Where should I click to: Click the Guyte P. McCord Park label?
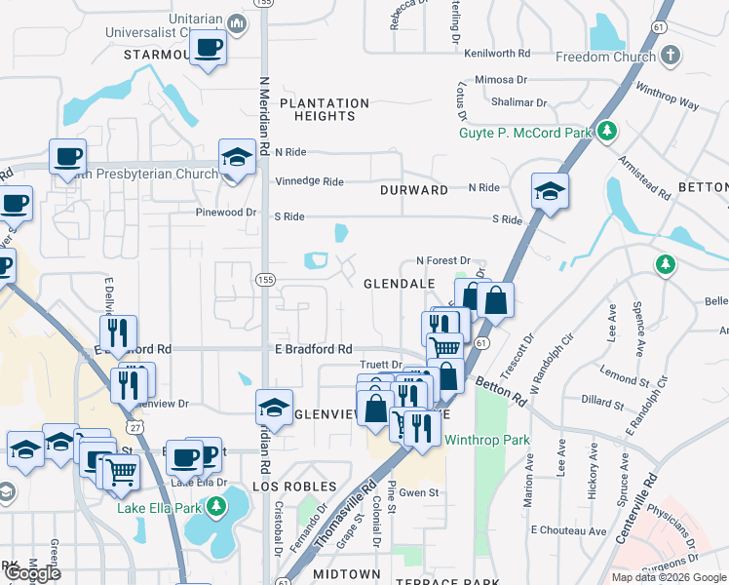pyautogui.click(x=526, y=132)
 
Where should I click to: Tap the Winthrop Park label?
pyautogui.click(x=487, y=440)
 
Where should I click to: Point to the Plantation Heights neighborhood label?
pyautogui.click(x=325, y=109)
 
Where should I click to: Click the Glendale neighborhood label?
pyautogui.click(x=399, y=283)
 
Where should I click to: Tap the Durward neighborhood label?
pyautogui.click(x=415, y=190)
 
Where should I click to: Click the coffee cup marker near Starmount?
pyautogui.click(x=208, y=49)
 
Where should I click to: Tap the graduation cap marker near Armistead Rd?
pyautogui.click(x=550, y=191)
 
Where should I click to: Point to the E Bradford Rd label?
pyautogui.click(x=313, y=349)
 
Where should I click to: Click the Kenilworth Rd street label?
pyautogui.click(x=497, y=54)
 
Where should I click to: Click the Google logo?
pyautogui.click(x=33, y=574)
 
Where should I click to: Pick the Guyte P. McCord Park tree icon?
pyautogui.click(x=607, y=130)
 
